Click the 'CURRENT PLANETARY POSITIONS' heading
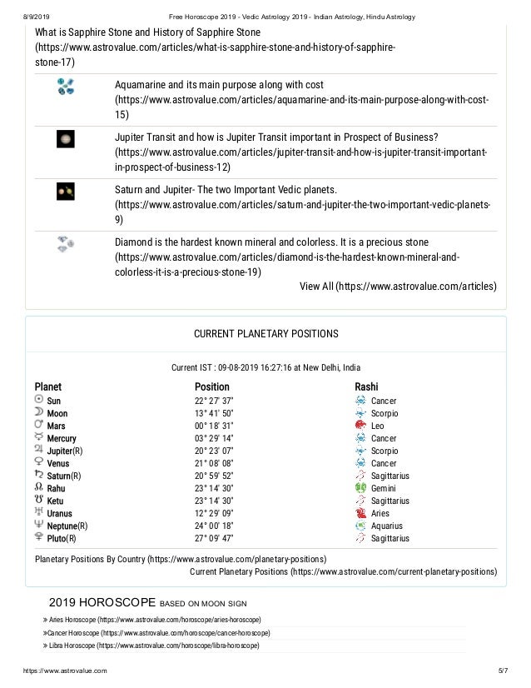click(265, 334)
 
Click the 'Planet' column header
click(47, 386)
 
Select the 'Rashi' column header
click(366, 386)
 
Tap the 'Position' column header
click(211, 386)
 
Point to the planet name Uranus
click(59, 513)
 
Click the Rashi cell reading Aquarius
click(386, 526)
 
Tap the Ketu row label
click(57, 501)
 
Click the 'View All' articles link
click(398, 287)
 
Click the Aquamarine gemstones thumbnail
click(66, 87)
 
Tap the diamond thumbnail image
click(66, 243)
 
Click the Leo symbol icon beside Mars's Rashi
click(360, 426)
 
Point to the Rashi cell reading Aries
click(380, 513)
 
